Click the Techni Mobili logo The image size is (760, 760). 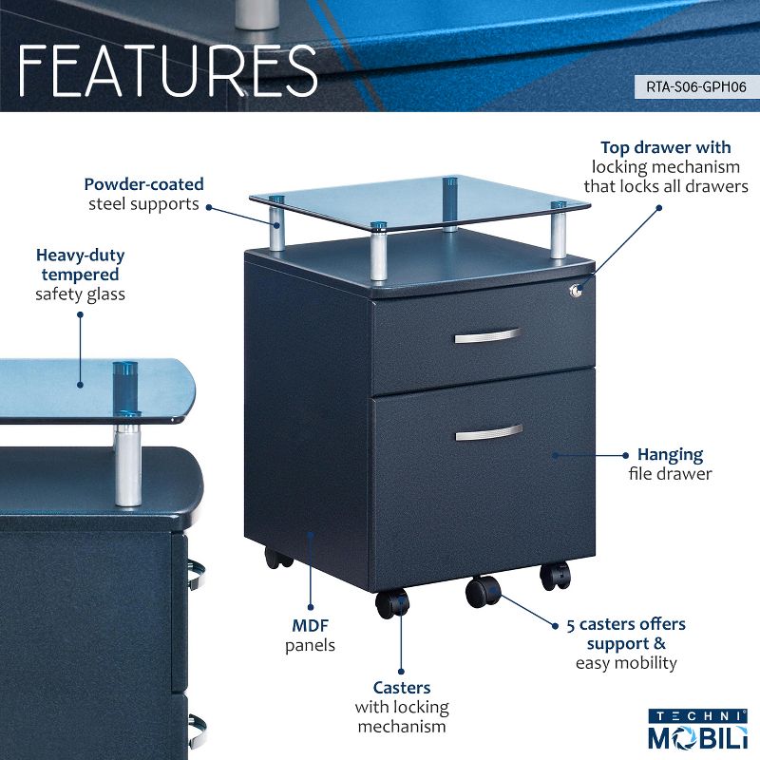pos(698,731)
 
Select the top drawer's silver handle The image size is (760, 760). pos(487,336)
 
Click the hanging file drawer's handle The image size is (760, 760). pos(488,432)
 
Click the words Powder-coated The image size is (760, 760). pos(143,184)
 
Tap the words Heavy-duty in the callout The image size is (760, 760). pos(81,256)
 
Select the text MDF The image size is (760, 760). pos(310,626)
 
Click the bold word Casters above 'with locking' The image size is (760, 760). pos(401,687)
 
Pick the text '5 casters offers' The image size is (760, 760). pos(627,624)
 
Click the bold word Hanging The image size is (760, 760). pos(670,454)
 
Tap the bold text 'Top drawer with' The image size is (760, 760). pos(666,147)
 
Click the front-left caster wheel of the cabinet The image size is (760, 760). pos(391,602)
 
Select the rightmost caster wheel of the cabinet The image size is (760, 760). pos(555,574)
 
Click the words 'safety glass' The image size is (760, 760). pos(81,294)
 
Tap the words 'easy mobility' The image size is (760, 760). pos(626,662)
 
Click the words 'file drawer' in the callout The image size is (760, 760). pos(670,473)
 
